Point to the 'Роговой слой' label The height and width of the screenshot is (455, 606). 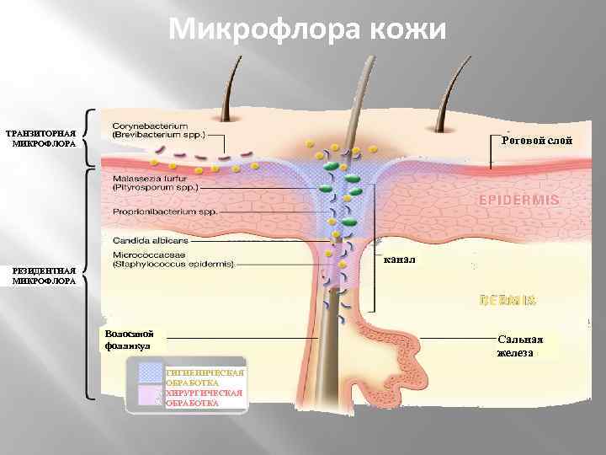click(536, 141)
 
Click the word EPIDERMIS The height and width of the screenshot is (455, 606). click(519, 201)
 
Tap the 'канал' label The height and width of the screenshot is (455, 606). click(400, 260)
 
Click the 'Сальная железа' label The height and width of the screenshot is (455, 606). click(519, 346)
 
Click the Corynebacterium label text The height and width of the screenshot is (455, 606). click(158, 129)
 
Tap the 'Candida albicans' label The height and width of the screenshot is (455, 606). click(143, 241)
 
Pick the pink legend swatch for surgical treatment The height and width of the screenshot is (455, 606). click(151, 397)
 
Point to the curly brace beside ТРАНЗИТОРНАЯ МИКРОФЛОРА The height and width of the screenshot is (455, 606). click(89, 137)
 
